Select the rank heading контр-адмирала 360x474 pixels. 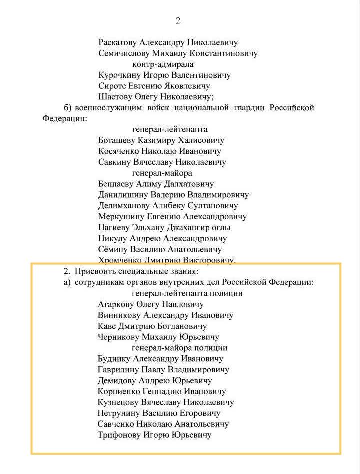pos(163,64)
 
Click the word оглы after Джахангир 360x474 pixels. pos(220,227)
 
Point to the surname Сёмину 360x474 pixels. pos(113,249)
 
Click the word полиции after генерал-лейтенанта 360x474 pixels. pos(227,293)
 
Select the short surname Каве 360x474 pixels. pos(107,326)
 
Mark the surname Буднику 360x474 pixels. pos(115,359)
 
